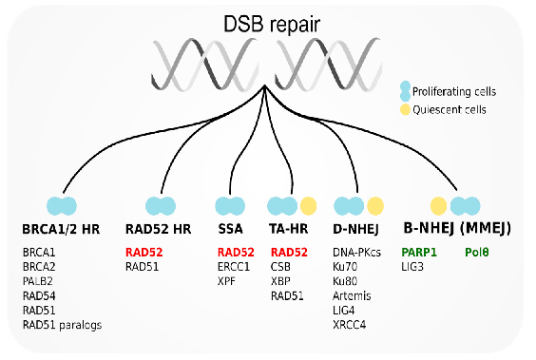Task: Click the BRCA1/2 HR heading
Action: (61, 228)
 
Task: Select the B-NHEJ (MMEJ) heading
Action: (456, 228)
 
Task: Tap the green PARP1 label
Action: (418, 253)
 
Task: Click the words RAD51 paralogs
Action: (61, 324)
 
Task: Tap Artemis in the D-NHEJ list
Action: (353, 295)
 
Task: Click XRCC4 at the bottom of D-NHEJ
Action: (351, 324)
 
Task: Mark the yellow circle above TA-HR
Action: (309, 204)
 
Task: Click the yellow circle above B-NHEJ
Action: (438, 204)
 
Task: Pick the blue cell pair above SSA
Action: (230, 204)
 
